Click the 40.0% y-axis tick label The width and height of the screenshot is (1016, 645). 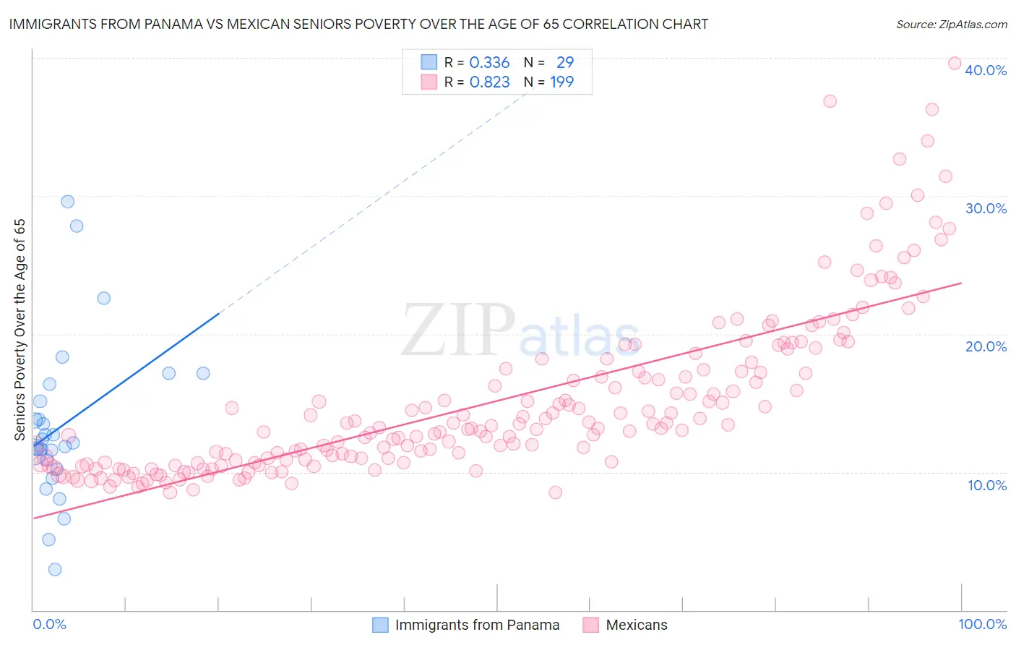tap(985, 70)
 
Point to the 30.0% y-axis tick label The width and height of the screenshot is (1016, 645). tap(985, 208)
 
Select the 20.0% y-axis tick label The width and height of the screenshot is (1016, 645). tap(985, 346)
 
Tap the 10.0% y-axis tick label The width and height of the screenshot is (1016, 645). tap(986, 485)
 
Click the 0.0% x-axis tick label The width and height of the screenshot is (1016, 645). tap(49, 624)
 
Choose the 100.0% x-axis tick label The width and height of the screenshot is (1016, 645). tap(982, 624)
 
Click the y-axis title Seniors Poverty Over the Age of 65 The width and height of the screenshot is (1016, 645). tap(20, 330)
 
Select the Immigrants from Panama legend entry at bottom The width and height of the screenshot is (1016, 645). tap(467, 625)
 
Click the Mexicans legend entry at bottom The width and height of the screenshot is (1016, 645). tap(626, 625)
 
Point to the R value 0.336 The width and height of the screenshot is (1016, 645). tap(489, 63)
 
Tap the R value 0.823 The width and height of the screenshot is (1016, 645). tap(489, 82)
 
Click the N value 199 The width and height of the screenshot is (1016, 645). tap(561, 82)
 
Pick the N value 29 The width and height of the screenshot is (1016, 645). tap(564, 63)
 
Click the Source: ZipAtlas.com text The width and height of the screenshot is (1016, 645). tap(951, 24)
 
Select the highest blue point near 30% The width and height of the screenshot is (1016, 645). tap(68, 202)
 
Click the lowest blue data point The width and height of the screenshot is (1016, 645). tap(55, 570)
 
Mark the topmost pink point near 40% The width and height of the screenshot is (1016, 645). tap(954, 64)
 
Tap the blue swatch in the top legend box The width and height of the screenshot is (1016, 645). tap(429, 62)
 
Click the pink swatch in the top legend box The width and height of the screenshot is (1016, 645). tap(429, 82)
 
